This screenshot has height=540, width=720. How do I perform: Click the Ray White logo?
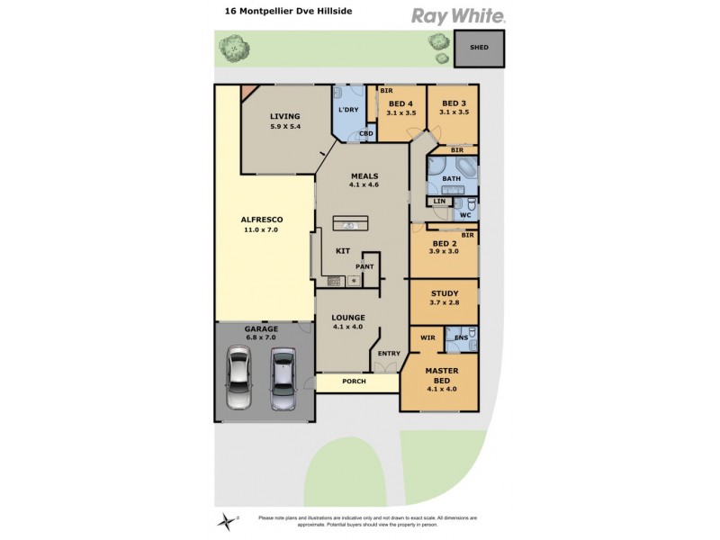(x=458, y=15)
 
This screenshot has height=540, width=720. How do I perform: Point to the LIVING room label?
(x=284, y=116)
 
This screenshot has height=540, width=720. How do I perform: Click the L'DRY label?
(x=348, y=110)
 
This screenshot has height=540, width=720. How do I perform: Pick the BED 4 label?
(x=401, y=103)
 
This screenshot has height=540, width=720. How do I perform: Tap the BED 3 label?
(x=453, y=103)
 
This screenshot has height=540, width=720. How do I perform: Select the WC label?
(x=465, y=215)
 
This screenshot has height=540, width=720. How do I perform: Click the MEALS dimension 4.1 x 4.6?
(x=364, y=184)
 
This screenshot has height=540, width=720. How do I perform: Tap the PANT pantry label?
(x=364, y=266)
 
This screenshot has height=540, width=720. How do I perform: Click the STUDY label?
(x=445, y=293)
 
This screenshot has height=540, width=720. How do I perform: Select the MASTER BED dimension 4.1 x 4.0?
(x=441, y=389)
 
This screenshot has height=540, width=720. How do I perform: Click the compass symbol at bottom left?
(x=224, y=519)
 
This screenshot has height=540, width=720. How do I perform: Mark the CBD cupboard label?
(x=366, y=134)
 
